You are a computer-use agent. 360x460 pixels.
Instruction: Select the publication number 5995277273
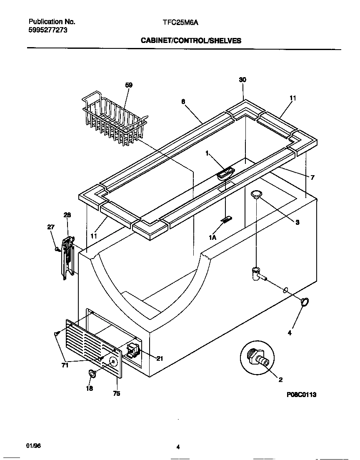click(48, 30)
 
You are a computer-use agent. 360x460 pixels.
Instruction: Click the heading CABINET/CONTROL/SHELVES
click(191, 40)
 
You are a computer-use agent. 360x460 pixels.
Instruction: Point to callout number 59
click(129, 85)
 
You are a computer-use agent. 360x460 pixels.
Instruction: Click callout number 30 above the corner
click(242, 80)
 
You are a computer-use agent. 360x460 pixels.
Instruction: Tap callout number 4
click(290, 333)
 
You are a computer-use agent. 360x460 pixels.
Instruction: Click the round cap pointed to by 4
click(305, 302)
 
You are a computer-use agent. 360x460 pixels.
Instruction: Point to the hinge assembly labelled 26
click(67, 257)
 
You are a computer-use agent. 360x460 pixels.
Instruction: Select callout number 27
click(50, 227)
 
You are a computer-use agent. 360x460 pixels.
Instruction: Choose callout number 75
click(117, 393)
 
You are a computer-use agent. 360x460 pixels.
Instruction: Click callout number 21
click(160, 358)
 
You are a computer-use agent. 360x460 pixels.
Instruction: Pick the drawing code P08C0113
click(301, 395)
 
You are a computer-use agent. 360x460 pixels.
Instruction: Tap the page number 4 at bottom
click(178, 447)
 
